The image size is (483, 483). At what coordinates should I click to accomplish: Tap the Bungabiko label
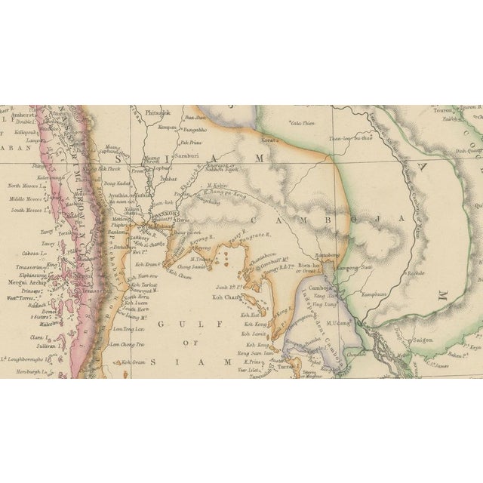click(x=195, y=129)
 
